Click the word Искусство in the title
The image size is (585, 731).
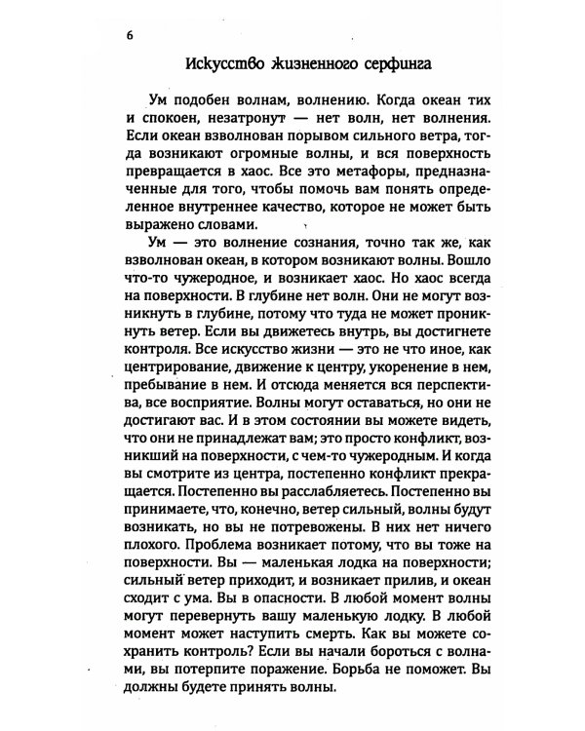(222, 66)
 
